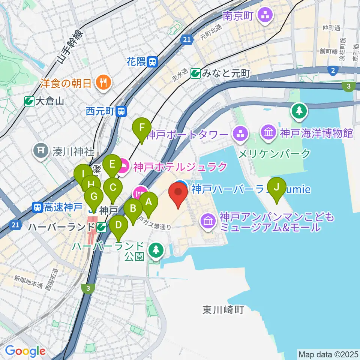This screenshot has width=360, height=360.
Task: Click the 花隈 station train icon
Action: click(152, 61)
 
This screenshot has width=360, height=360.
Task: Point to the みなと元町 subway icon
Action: click(195, 74)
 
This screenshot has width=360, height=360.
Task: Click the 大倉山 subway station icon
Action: click(28, 101)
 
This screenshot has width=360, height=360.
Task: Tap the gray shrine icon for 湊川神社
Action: click(40, 151)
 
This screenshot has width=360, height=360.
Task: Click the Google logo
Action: click(25, 351)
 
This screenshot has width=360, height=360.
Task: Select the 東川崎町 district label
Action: click(223, 310)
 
